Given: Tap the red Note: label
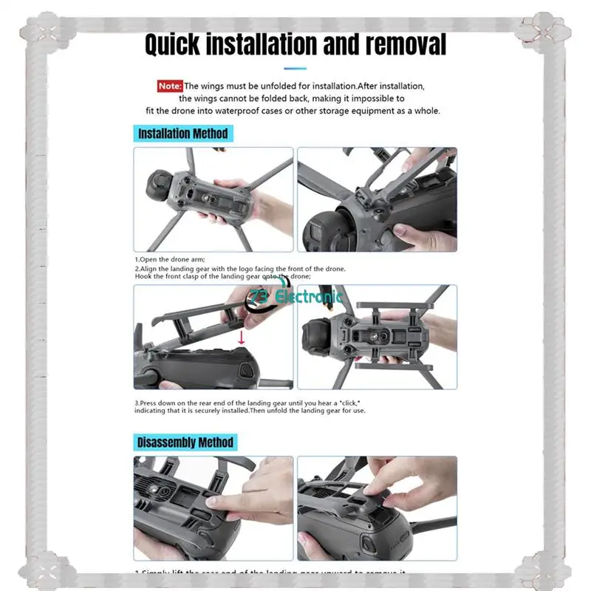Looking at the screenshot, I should click(169, 86).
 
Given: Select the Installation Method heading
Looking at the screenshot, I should click(183, 134).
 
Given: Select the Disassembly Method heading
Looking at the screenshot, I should click(185, 443).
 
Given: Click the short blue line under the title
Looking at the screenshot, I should click(295, 69).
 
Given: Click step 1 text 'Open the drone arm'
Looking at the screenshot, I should click(170, 260).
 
